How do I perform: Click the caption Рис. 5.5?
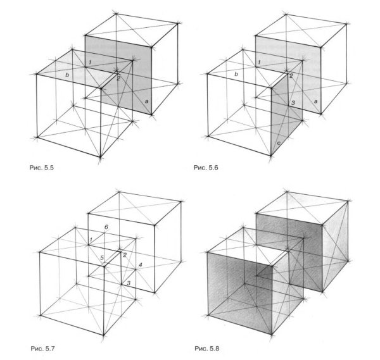(41, 168)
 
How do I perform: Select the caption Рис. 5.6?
(206, 167)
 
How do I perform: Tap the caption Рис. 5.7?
(42, 349)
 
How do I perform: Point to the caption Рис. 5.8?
(206, 349)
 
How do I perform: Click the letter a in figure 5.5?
(146, 101)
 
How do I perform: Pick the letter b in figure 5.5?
(67, 75)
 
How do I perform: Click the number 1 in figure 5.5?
(90, 62)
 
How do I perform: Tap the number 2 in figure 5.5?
(118, 78)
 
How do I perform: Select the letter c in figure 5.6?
(279, 144)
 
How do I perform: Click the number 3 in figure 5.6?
(293, 102)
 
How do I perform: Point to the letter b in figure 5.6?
(236, 74)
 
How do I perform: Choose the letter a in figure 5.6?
(315, 102)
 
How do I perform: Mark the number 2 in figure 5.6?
(291, 76)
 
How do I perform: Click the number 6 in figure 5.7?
(106, 227)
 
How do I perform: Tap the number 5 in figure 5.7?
(102, 258)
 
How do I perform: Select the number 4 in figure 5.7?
(141, 265)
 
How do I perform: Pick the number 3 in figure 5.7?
(129, 283)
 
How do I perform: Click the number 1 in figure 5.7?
(91, 240)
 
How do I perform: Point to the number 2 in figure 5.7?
(125, 255)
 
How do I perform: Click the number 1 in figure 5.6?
(259, 62)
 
